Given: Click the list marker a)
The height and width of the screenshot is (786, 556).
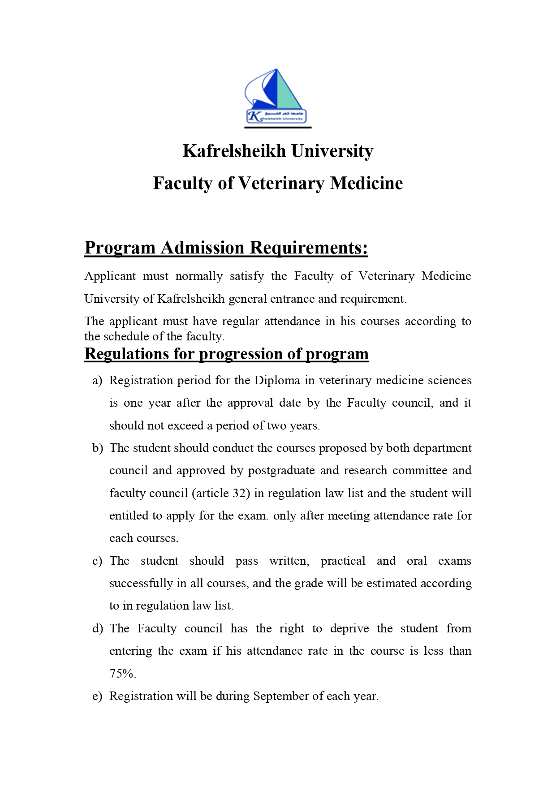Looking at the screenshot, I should point(97,381).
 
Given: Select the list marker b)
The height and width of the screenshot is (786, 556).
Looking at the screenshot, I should point(97,448).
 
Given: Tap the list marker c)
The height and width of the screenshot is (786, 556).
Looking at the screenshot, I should point(97,561).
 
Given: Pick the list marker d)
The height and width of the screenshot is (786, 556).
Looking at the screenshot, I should point(97,629).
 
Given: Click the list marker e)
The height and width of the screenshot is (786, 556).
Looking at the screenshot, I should point(97,696).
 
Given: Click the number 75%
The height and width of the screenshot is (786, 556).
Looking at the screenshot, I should point(122,674).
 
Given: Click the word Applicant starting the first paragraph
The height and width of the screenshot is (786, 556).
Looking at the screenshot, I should point(110,276).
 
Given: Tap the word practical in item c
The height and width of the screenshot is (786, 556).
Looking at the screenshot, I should point(343,561).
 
